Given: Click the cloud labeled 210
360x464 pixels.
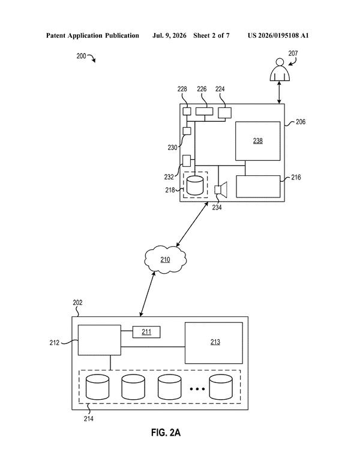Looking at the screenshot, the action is [x=166, y=259].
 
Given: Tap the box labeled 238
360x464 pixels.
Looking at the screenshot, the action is [x=257, y=141].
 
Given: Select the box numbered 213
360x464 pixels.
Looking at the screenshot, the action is [x=214, y=343].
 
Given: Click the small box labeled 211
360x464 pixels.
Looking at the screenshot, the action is [x=146, y=332].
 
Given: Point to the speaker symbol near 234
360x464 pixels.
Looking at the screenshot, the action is [x=221, y=190].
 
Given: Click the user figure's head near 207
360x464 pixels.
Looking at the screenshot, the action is [x=279, y=62].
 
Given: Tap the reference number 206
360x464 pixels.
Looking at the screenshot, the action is [x=301, y=122].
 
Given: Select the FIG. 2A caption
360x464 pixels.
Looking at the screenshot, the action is [x=166, y=433].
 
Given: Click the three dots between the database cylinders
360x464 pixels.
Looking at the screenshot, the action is [x=197, y=388].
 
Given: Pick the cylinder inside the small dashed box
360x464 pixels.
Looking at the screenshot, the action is [x=195, y=185].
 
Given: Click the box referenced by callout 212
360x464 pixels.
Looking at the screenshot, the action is [x=100, y=340].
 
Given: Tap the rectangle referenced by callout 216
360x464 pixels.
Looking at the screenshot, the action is [x=258, y=187].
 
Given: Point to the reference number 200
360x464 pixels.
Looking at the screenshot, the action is [x=82, y=56].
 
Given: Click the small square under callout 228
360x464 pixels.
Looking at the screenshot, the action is [x=187, y=111].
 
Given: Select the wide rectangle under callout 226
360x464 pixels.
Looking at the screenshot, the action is [x=204, y=111].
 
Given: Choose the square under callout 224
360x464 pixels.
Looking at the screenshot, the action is [x=224, y=113].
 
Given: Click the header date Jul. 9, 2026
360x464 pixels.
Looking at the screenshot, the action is [x=169, y=36].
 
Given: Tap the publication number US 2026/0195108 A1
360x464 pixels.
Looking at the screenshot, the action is [x=278, y=35].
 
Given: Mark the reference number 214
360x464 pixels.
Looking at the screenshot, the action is [x=88, y=418].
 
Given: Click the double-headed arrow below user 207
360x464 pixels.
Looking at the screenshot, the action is [x=279, y=92].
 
